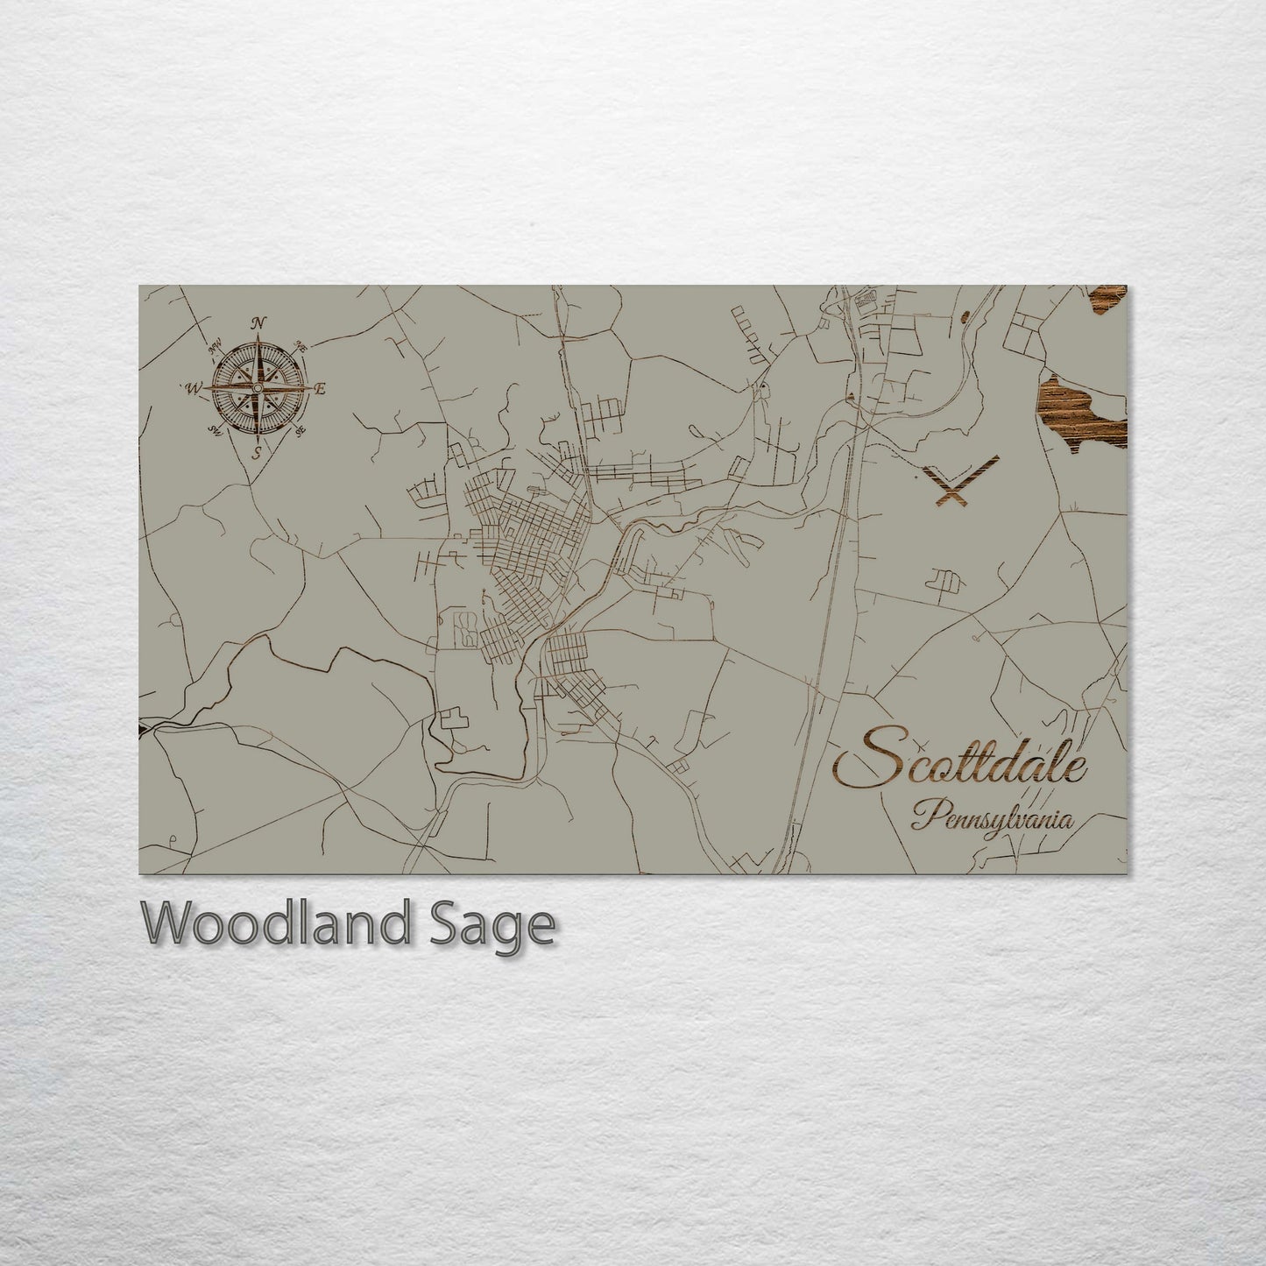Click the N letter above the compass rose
click(x=258, y=323)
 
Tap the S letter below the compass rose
click(x=257, y=452)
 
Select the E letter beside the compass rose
click(x=321, y=389)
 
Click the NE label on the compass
click(x=301, y=345)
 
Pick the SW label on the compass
click(x=214, y=430)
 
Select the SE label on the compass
click(x=301, y=430)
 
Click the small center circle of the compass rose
click(x=258, y=388)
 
